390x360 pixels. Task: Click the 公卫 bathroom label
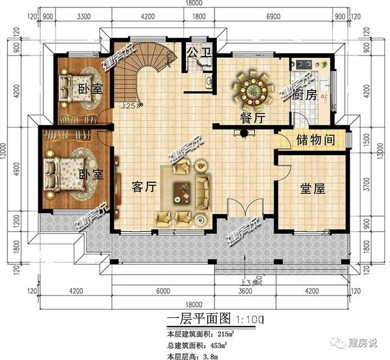199,52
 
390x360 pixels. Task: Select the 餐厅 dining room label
251,118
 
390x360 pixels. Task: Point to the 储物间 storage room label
316,140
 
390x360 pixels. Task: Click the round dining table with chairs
252,87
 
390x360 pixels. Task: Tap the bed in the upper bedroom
77,85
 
